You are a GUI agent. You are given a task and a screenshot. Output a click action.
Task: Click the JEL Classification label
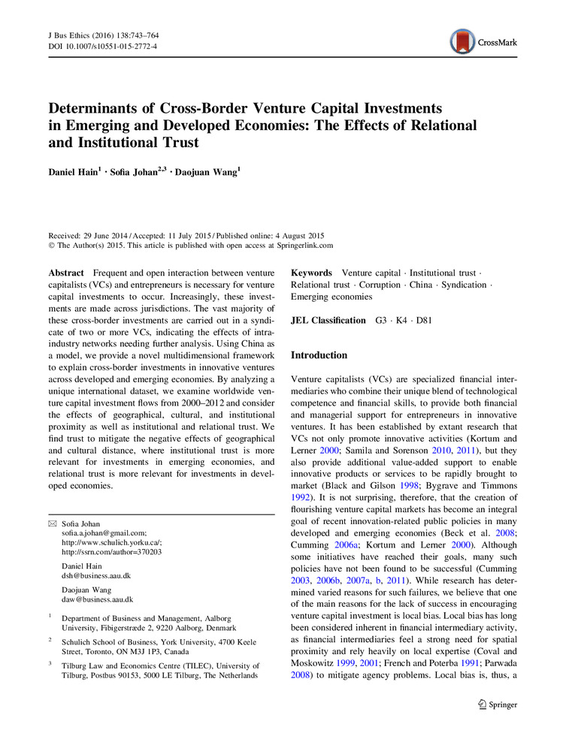tap(328, 320)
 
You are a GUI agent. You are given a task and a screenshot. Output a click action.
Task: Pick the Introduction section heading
tap(319, 355)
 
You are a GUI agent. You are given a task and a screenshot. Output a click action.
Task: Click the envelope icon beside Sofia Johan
tap(51, 523)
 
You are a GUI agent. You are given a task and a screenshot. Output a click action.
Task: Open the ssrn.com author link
tap(111, 552)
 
